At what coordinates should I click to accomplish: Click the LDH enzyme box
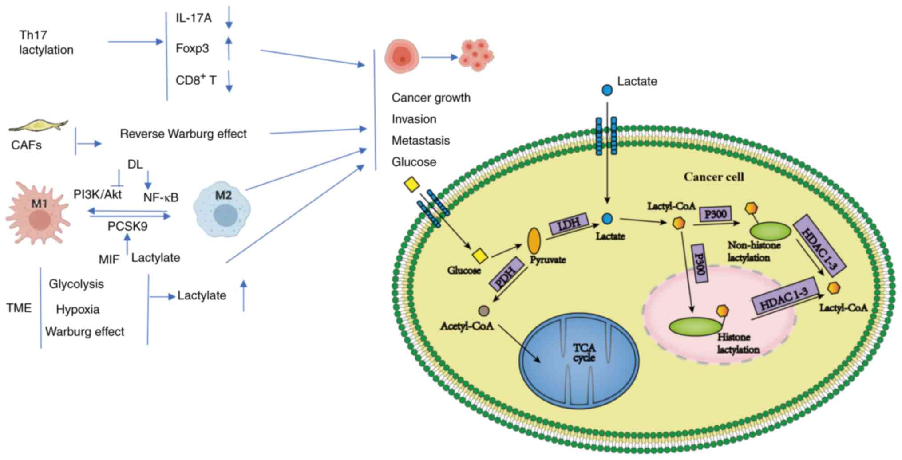point(569,224)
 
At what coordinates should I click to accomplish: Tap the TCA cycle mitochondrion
point(579,359)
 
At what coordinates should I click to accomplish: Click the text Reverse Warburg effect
point(183,134)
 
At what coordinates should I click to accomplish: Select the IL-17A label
point(194,18)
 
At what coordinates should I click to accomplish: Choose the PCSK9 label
point(127,226)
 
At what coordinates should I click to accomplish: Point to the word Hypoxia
point(78,309)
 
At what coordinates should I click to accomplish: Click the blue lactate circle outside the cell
point(607,90)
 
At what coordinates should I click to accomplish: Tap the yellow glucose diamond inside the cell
point(480,256)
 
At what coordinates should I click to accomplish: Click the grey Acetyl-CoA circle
point(484,311)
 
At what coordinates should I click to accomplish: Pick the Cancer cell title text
point(713,177)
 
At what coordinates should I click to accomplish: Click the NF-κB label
point(161,197)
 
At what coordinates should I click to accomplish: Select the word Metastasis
point(420,141)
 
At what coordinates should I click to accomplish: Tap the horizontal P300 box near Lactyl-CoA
point(716,214)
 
